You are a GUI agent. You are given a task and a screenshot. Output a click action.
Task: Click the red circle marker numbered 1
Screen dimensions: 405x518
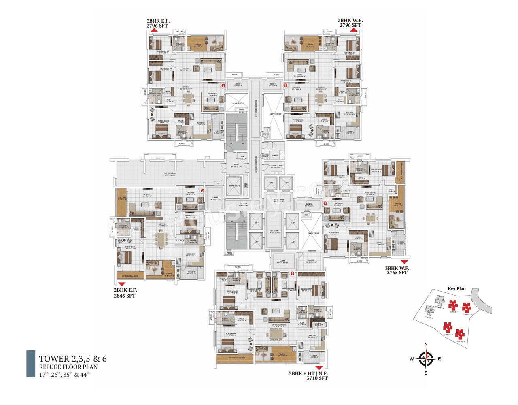[293, 273]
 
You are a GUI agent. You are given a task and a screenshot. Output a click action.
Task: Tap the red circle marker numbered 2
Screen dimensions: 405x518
[203, 191]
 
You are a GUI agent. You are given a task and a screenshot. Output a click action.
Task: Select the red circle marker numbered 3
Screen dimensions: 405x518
[325, 203]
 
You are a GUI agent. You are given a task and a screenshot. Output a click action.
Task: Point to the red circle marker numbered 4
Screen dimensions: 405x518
[223, 85]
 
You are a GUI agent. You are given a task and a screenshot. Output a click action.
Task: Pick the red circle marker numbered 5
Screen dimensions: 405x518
[285, 85]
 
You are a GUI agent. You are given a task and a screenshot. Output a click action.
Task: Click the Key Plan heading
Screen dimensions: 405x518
[456, 288]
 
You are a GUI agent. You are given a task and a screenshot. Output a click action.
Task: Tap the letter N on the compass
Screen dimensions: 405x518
[426, 344]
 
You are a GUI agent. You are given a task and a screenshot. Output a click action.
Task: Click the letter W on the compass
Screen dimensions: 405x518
[412, 359]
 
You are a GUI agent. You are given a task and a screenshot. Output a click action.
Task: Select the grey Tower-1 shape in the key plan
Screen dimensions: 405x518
[429, 311]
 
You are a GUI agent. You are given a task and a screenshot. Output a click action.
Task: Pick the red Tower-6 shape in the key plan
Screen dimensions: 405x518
[467, 308]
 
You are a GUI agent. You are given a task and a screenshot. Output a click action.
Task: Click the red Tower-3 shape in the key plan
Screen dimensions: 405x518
[460, 334]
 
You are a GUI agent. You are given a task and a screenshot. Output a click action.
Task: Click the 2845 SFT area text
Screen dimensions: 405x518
[125, 296]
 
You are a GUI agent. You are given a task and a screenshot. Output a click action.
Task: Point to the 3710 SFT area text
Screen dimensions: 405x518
[317, 378]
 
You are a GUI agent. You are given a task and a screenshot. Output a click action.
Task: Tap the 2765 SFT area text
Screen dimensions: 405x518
[397, 273]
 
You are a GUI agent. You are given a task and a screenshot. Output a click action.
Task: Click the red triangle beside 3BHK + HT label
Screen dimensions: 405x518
[319, 368]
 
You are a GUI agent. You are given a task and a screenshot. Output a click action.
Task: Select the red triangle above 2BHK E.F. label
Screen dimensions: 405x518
[122, 284]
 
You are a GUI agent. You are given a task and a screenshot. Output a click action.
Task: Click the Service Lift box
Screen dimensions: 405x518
[234, 186]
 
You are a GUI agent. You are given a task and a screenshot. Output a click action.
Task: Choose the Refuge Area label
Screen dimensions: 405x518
[170, 174]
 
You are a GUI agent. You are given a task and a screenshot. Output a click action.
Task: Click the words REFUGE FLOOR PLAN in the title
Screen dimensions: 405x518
[68, 367]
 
